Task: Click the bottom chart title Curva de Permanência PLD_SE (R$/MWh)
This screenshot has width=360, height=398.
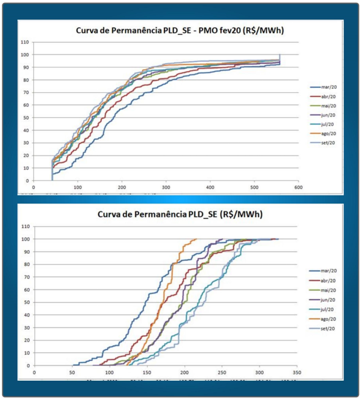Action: tap(180, 215)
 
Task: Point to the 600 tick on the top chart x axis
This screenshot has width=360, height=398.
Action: tap(298, 187)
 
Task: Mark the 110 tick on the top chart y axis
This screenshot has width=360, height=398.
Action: tap(24, 42)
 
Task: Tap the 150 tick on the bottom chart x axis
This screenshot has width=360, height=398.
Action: tap(147, 372)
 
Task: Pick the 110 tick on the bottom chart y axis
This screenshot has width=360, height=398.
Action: tap(24, 226)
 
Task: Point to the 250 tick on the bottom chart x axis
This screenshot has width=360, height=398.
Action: tap(221, 372)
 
